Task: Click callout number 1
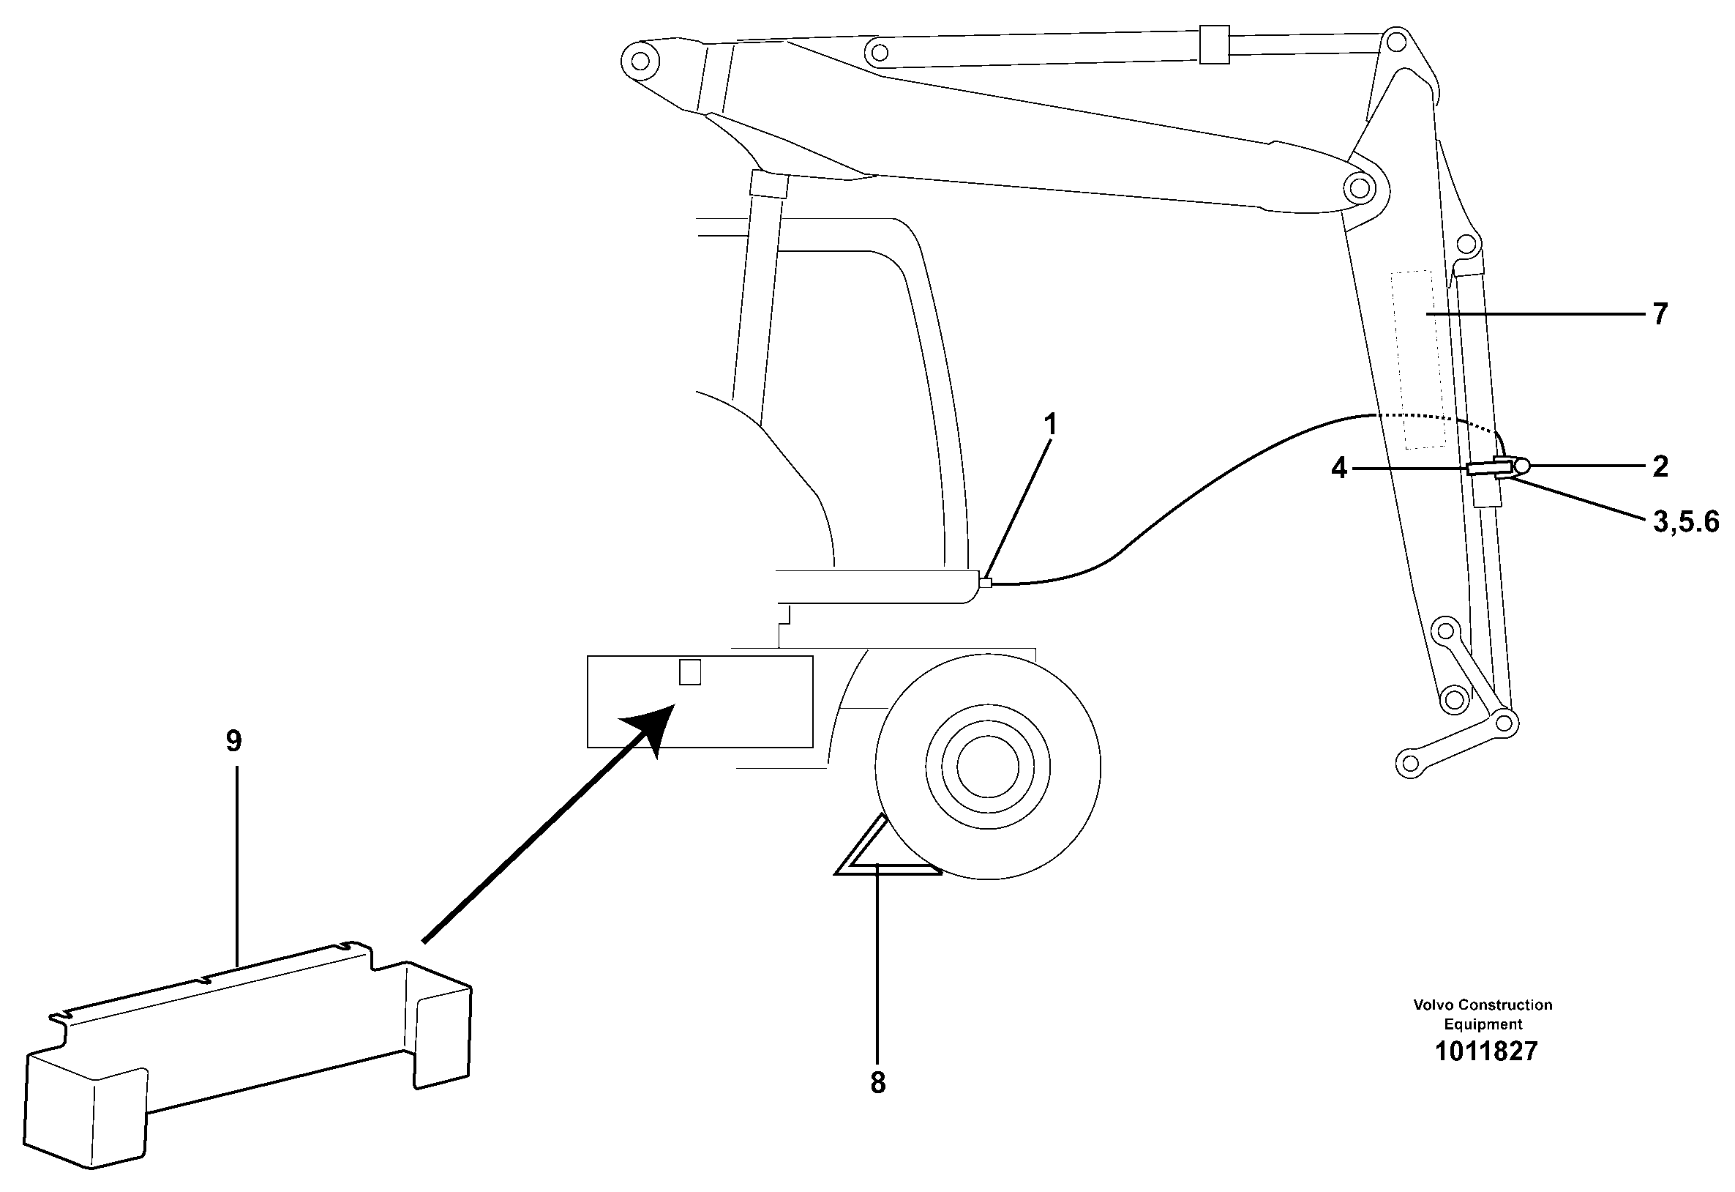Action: tap(1050, 425)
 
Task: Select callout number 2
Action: tap(1660, 467)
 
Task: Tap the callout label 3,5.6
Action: tap(1687, 521)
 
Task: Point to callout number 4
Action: tap(1339, 469)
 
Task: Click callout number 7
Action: tap(1660, 314)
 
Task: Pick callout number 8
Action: tap(878, 1083)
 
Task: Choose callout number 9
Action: tap(233, 742)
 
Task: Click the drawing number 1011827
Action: tap(1485, 1051)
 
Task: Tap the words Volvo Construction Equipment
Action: tap(1483, 1014)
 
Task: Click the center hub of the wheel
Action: tap(987, 767)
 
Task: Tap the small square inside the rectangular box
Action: tap(690, 671)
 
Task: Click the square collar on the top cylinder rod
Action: tap(1214, 44)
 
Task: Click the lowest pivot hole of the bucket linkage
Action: tap(1409, 763)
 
